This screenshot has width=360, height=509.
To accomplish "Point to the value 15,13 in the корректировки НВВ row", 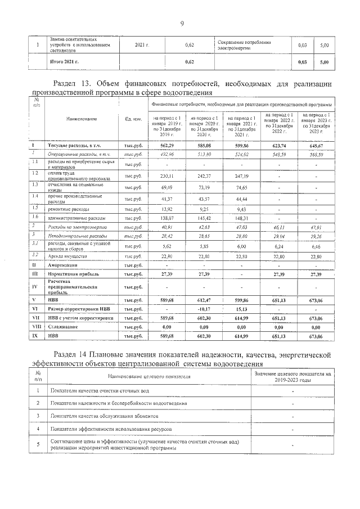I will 239,309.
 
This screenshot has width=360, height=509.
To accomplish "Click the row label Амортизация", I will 71,264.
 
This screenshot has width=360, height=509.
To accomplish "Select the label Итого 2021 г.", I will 66,61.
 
